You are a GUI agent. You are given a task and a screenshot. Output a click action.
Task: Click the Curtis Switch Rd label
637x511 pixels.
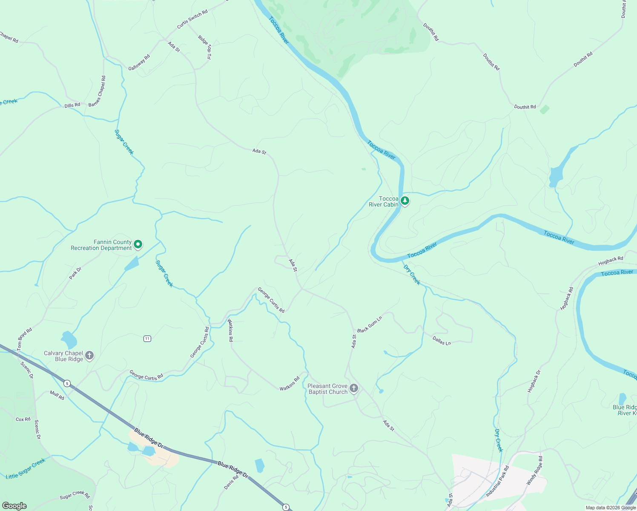pos(192,19)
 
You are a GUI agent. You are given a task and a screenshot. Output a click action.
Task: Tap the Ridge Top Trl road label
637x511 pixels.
pos(205,47)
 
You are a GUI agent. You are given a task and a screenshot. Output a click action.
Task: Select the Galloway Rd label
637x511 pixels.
pos(139,63)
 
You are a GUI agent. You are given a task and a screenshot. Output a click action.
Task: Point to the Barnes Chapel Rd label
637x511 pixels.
pos(98,91)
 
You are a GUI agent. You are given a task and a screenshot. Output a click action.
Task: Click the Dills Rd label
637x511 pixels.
pos(72,105)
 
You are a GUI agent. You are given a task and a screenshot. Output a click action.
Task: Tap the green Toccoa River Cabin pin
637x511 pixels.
pos(405,201)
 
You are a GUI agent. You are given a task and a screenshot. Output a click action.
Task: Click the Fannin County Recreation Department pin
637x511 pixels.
pos(138,244)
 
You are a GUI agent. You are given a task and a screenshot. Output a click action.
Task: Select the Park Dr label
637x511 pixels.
pos(75,273)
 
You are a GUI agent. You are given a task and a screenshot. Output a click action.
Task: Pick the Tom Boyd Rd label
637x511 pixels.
pos(25,339)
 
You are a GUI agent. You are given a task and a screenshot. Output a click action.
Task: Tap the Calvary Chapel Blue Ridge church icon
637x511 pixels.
pos(89,355)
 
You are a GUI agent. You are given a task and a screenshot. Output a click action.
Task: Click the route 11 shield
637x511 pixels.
pos(147,339)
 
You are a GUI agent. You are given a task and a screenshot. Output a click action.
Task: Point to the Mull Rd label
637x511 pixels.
pos(57,395)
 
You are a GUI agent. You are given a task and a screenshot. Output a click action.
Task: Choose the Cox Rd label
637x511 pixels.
pos(23,419)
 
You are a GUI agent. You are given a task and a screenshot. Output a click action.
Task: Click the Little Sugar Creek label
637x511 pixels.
pos(26,469)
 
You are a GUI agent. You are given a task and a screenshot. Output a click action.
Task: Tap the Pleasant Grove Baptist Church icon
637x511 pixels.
pos(354,388)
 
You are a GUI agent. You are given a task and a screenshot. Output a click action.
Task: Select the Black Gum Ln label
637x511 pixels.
pos(370,324)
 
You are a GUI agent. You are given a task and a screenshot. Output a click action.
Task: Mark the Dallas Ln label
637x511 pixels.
pos(442,341)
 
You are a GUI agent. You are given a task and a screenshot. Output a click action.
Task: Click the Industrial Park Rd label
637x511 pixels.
pos(498,482)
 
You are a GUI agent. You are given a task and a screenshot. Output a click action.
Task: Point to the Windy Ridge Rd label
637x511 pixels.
pos(535,471)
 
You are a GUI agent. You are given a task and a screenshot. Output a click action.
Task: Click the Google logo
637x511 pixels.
pos(14,505)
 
